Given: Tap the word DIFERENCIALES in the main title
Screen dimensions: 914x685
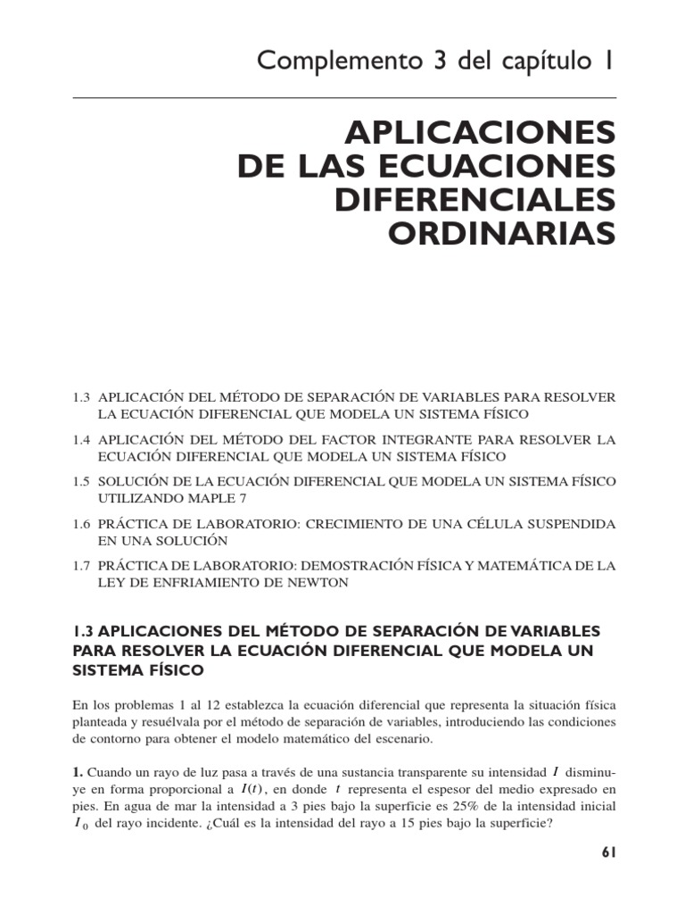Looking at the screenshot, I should click(475, 199).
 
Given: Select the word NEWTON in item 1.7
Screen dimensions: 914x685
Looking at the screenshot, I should click(318, 582).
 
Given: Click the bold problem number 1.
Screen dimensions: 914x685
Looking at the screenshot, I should click(78, 772).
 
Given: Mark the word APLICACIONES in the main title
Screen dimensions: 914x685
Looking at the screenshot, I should click(481, 133).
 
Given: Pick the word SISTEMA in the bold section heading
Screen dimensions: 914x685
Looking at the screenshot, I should click(109, 669).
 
